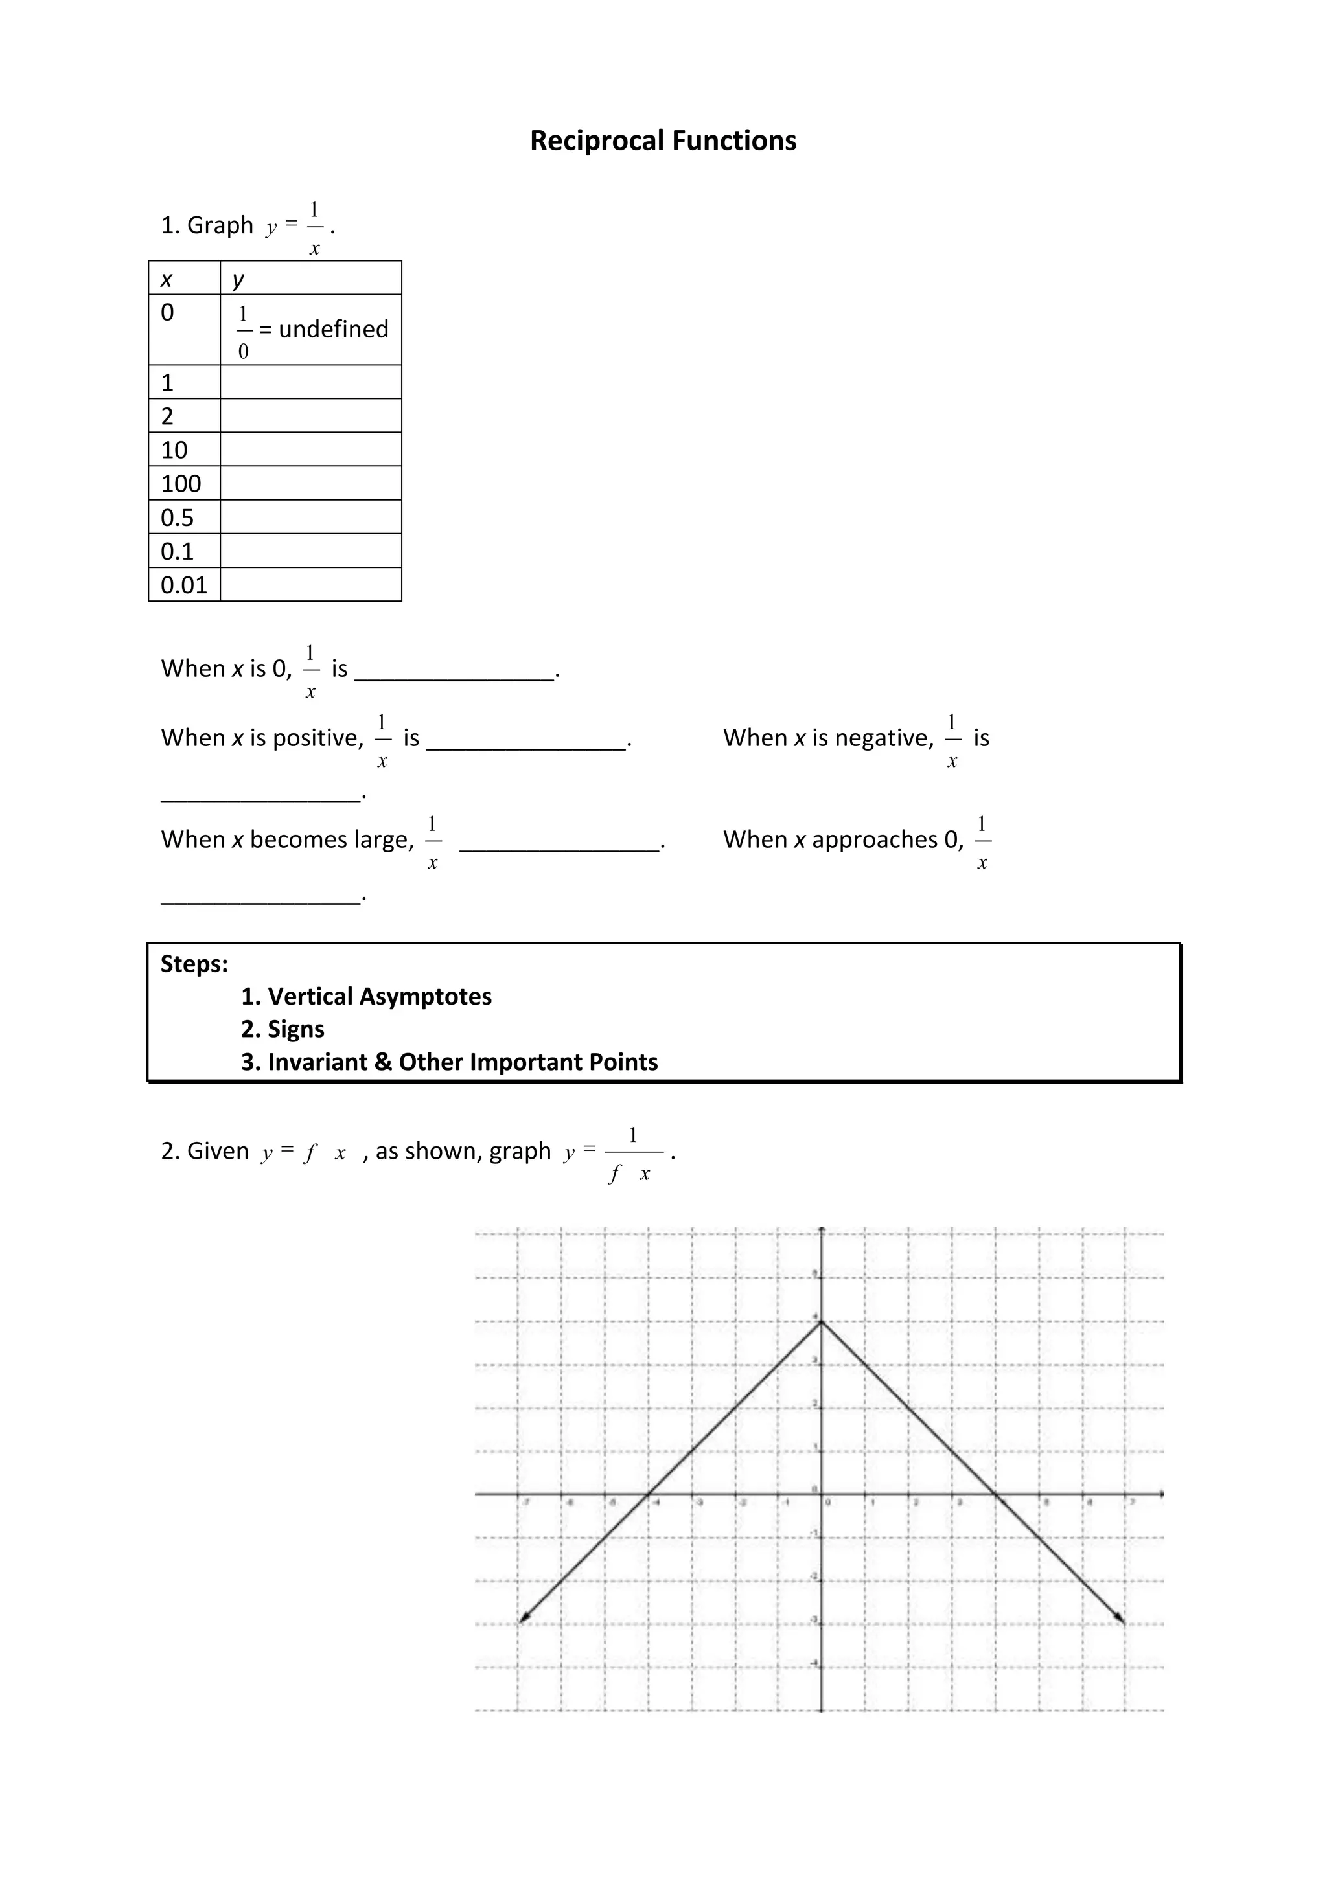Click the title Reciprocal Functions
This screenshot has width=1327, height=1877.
pyautogui.click(x=662, y=141)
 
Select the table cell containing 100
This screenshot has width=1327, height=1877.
pyautogui.click(x=181, y=483)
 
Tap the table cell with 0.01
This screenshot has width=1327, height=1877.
pyautogui.click(x=184, y=584)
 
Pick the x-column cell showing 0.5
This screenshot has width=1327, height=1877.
pyautogui.click(x=178, y=518)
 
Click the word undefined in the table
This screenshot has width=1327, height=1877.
pyautogui.click(x=334, y=328)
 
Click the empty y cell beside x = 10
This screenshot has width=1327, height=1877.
pyautogui.click(x=311, y=449)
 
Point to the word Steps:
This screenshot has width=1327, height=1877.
pyautogui.click(x=194, y=964)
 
